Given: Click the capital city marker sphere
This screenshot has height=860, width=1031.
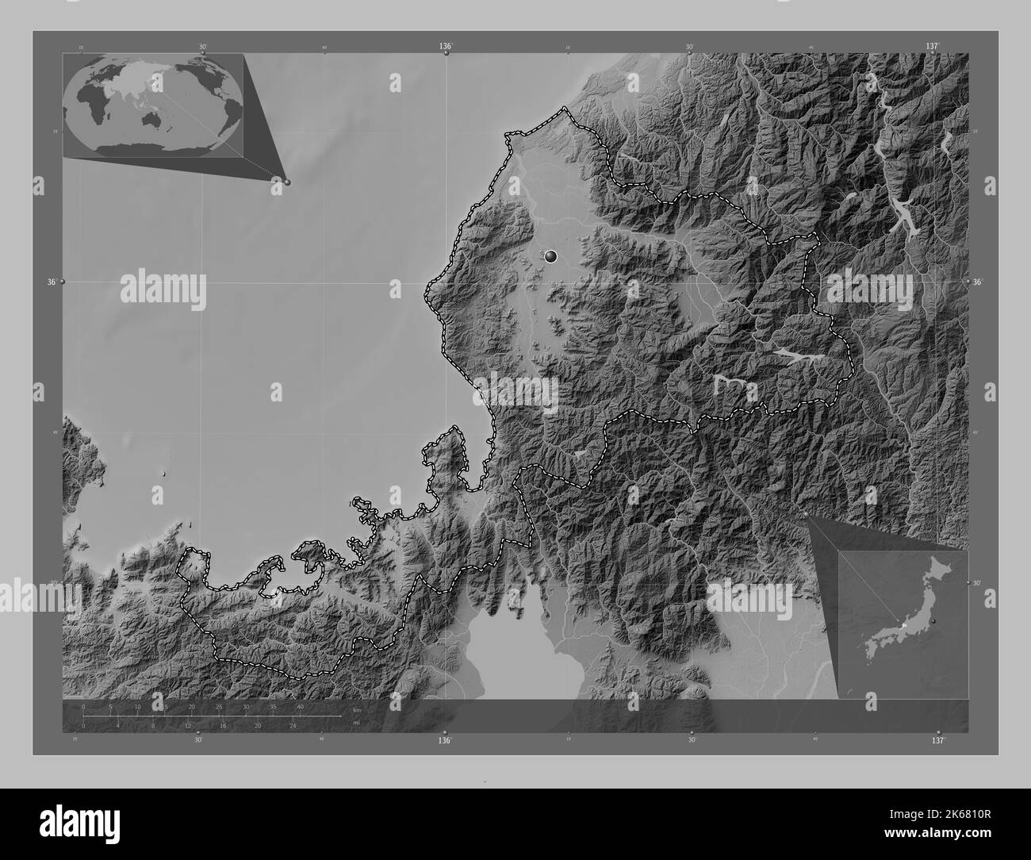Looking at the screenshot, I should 551,256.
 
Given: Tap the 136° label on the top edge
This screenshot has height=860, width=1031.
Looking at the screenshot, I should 447,47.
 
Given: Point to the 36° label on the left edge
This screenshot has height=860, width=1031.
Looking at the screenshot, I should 53,282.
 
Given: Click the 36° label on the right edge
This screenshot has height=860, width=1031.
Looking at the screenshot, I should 978,282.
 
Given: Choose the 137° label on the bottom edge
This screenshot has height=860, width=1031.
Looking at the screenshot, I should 938,740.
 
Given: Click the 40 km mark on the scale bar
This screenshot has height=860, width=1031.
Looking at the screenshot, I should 300,706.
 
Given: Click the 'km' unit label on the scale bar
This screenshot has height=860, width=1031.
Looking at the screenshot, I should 356,709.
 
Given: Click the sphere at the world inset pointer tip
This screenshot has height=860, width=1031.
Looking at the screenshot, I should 287,182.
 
